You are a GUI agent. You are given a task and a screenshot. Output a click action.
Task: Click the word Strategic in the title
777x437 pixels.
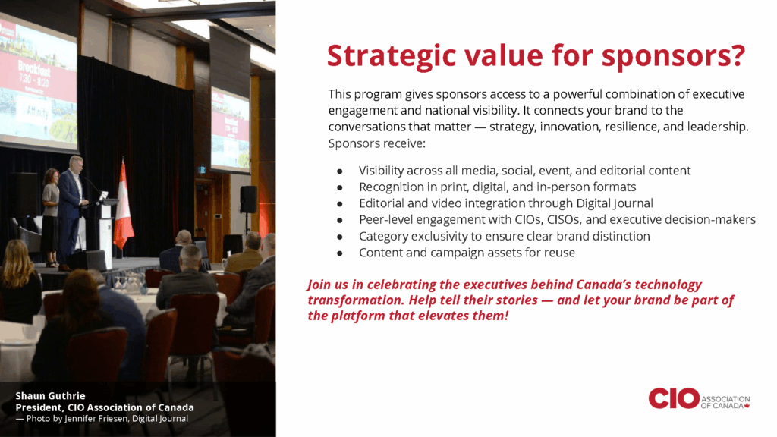point(392,56)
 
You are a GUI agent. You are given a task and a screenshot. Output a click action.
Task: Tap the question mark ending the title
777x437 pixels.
point(738,55)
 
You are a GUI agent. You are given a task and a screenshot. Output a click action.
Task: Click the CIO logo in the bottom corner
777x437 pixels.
point(699,398)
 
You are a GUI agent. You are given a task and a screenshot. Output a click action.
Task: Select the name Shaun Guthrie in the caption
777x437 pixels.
point(50,396)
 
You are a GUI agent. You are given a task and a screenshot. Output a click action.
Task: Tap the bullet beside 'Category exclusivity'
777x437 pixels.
point(339,237)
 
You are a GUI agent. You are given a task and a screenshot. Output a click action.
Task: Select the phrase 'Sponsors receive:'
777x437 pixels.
point(376,143)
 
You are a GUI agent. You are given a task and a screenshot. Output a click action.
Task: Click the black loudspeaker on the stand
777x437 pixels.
point(248,200)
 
